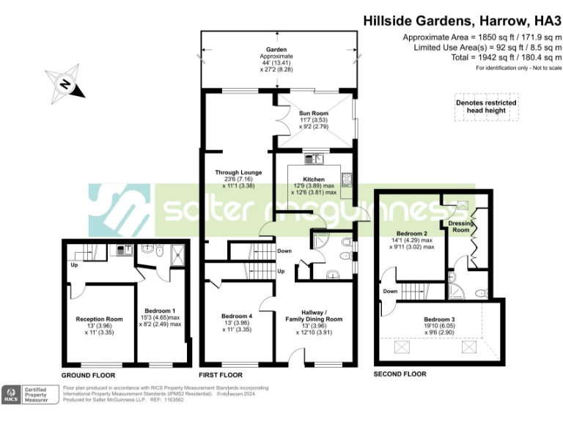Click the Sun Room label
coord(314,114)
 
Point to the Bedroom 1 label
coord(160,311)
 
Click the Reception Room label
coord(99,319)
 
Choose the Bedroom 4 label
coord(237,316)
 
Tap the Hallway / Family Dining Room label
coord(314,315)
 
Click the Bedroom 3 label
coord(439,319)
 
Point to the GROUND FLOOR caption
coord(89,374)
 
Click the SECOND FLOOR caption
coord(400,374)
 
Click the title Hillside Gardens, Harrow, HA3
coord(463,21)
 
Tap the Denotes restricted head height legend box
coord(486,106)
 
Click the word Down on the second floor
coord(390,290)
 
